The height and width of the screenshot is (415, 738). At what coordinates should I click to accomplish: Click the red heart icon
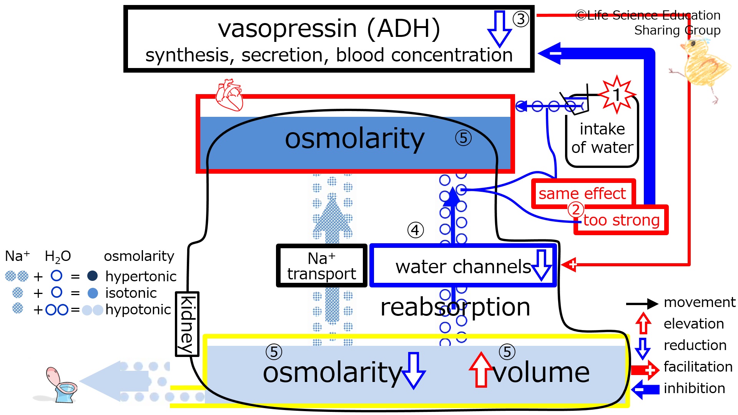[229, 95]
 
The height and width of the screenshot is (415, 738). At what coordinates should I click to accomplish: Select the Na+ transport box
[322, 266]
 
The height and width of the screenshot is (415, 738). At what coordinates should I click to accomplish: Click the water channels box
[463, 266]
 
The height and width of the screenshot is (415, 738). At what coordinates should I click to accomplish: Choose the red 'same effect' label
[582, 193]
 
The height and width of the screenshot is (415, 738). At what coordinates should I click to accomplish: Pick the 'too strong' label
[621, 220]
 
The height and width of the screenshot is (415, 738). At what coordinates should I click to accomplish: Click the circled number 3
[521, 19]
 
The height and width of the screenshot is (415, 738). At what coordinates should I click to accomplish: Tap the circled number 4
[415, 230]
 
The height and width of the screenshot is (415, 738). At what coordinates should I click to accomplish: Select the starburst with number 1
[617, 95]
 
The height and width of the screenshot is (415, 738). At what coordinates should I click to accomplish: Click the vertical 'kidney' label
[187, 324]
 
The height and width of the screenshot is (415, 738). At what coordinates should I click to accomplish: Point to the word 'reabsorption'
[455, 307]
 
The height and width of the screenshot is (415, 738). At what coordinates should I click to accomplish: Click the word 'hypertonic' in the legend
[141, 276]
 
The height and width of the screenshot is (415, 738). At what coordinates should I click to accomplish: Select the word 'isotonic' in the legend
[131, 293]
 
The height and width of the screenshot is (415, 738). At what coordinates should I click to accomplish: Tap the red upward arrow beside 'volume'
[480, 369]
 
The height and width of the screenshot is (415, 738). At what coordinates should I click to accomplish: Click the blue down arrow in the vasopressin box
[499, 29]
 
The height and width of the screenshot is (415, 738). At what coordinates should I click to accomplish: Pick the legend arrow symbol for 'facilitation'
[645, 370]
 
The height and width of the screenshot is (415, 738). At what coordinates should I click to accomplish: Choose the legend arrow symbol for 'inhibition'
[645, 390]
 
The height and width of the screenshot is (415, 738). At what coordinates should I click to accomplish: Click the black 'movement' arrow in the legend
[642, 304]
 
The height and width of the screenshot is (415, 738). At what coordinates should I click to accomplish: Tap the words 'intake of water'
[602, 138]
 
